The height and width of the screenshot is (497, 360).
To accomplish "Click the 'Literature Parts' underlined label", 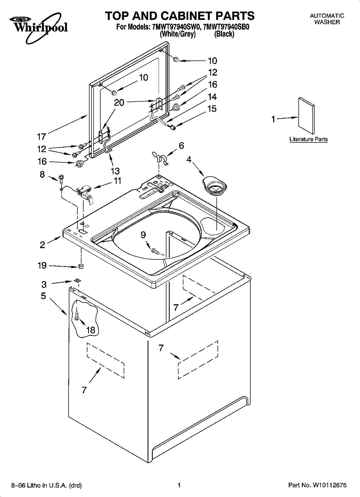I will pyautogui.click(x=308, y=139).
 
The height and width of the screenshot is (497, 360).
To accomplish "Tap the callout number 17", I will pyautogui.click(x=42, y=137).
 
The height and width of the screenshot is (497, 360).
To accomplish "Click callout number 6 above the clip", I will pyautogui.click(x=181, y=145).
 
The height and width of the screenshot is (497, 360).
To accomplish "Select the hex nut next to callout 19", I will pyautogui.click(x=80, y=266).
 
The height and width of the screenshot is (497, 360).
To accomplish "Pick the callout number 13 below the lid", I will pyautogui.click(x=115, y=171).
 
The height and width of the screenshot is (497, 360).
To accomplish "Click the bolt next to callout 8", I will pyautogui.click(x=61, y=178).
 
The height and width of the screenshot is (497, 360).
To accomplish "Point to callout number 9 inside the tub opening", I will pyautogui.click(x=143, y=235).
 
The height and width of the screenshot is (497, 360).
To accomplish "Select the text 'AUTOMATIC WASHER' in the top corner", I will pyautogui.click(x=327, y=19).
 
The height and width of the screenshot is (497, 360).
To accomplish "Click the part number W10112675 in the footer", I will pyautogui.click(x=329, y=485).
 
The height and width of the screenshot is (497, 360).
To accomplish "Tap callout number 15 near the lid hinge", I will pyautogui.click(x=212, y=109).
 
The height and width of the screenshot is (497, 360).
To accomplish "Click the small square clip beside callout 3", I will pyautogui.click(x=77, y=281).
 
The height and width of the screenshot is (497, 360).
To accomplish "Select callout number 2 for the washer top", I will pyautogui.click(x=42, y=245).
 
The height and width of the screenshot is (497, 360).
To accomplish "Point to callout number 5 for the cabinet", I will pyautogui.click(x=43, y=296).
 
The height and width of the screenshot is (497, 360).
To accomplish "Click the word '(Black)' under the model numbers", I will pyautogui.click(x=224, y=34).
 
